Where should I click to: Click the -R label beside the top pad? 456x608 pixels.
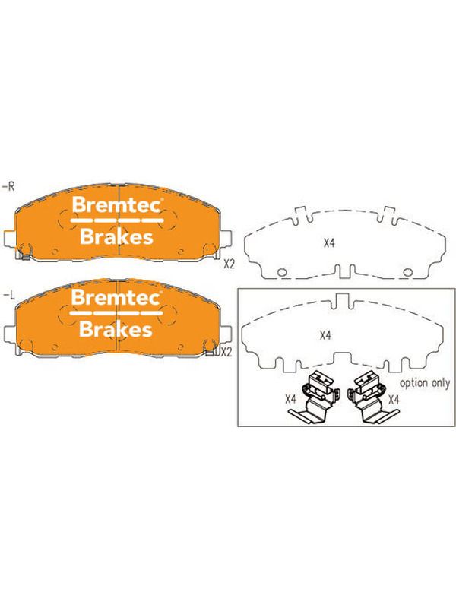[8, 186]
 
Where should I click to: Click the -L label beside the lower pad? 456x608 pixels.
[8, 296]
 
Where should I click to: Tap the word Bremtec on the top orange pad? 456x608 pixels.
[116, 204]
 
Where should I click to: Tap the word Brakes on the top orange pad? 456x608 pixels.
[116, 236]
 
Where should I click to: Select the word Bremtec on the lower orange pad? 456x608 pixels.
[116, 297]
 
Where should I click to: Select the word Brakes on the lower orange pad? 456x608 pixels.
[116, 329]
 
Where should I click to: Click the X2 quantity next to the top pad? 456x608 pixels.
[230, 264]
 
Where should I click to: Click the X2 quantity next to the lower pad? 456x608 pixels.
[226, 352]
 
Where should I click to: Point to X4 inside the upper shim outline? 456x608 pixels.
[329, 243]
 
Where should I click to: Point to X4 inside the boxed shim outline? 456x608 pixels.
[326, 335]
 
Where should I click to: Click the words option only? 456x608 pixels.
[425, 383]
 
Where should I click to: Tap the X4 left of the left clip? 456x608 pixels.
[291, 399]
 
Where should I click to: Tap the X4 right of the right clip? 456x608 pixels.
[394, 399]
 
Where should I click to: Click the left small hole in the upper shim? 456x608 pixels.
[282, 273]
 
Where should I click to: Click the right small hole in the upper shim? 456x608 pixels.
[407, 273]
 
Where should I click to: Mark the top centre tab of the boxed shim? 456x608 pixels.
[341, 300]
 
